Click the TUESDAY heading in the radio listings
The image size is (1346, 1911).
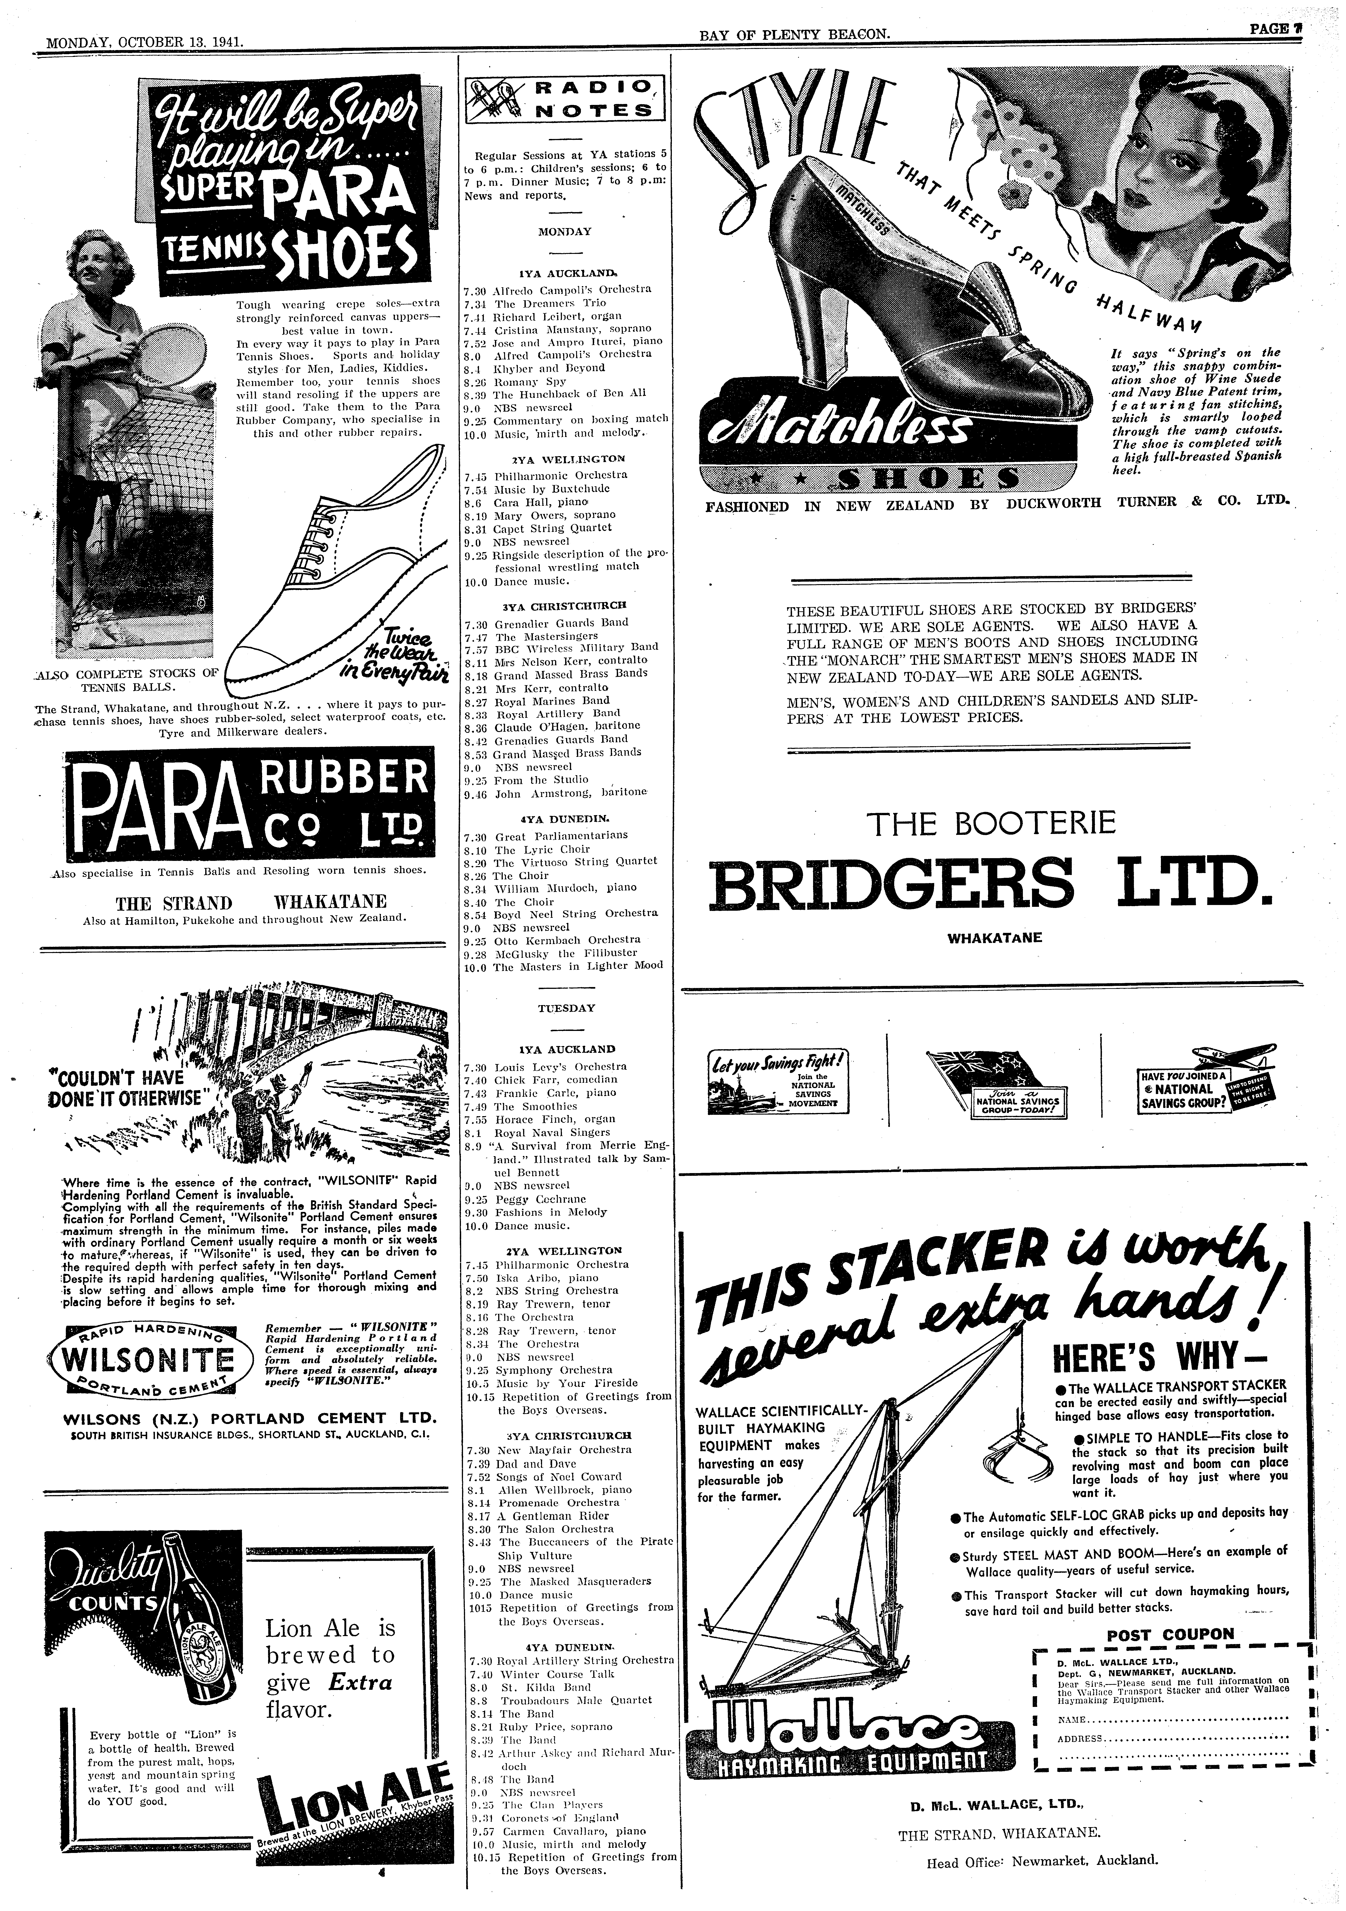(x=566, y=1008)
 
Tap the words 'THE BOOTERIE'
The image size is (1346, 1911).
(x=991, y=824)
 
